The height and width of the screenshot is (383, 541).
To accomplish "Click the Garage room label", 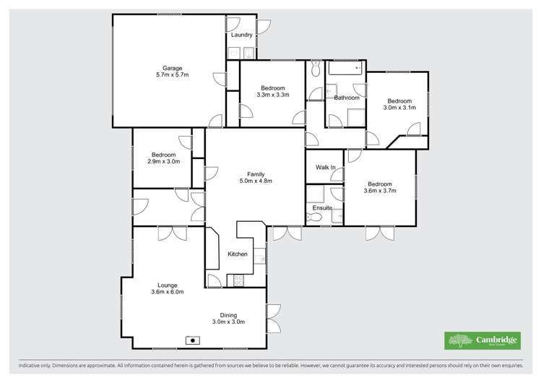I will coord(170,66).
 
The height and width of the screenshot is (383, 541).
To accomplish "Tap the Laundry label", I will coord(241,35).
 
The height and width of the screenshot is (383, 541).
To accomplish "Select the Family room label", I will coord(255,174).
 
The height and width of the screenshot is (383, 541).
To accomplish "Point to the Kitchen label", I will coord(238,254).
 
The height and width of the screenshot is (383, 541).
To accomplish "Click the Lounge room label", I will coord(167,285).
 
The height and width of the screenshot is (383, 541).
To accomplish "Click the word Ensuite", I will coord(322,207).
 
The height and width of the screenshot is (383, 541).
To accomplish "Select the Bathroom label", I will coord(347,97).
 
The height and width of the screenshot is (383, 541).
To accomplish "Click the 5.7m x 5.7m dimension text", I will coord(170,74).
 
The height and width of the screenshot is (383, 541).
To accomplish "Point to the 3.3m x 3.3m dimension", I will coord(272,95).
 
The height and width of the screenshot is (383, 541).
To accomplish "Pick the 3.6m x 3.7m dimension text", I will coord(380,191).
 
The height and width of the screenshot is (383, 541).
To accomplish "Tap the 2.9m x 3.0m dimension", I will coord(163,162).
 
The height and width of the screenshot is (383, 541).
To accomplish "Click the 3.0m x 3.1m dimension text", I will coord(399,108).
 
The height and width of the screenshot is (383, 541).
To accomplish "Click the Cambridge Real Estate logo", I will coord(480,340).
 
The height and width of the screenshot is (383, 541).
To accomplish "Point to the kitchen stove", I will coord(237,280).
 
